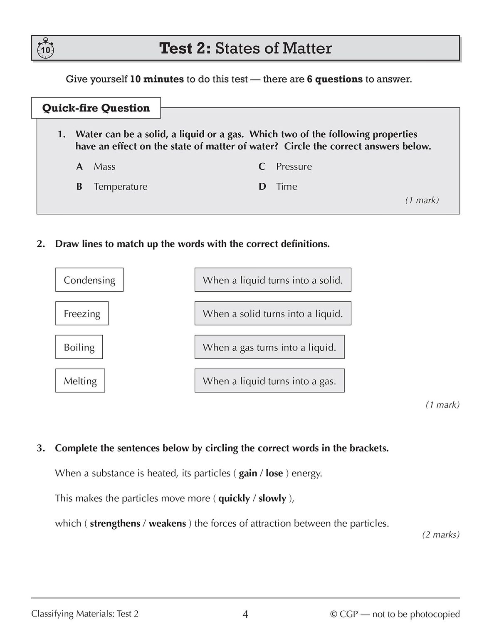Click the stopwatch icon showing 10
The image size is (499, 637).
point(45,50)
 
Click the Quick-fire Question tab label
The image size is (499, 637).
point(96,108)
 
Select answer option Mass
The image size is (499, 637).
point(104,166)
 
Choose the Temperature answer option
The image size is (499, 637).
point(120,186)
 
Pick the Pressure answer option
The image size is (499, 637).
point(294,166)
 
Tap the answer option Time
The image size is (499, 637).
point(287,186)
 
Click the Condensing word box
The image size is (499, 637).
point(89,280)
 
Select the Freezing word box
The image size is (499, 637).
point(82,314)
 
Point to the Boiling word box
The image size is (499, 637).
point(79,347)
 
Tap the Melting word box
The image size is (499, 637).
point(80,381)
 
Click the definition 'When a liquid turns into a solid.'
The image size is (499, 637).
point(273,280)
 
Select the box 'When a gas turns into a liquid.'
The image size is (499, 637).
point(269,347)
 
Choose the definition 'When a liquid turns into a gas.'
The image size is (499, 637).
point(269,381)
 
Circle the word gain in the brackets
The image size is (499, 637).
point(248,473)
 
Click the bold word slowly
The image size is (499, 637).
point(272,498)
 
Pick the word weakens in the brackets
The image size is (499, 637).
point(167,523)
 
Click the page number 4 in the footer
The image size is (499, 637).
point(245,614)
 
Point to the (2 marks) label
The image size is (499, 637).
point(441,535)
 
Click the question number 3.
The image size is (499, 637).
point(40,448)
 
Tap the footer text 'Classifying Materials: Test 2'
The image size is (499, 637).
point(85,614)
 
